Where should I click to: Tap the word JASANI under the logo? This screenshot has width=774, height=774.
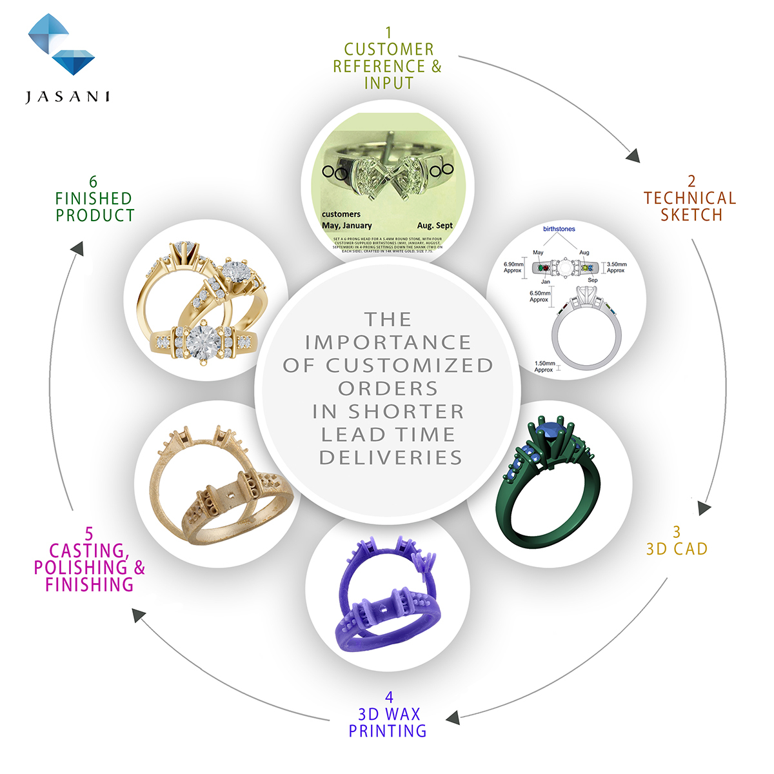coord(68,97)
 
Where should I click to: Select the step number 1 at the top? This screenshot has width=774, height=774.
coord(388,32)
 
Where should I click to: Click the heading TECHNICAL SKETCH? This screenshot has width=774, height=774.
coord(690,206)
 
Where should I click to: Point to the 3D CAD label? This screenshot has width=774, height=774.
coord(677,549)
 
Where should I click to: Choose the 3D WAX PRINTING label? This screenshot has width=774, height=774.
coord(388,722)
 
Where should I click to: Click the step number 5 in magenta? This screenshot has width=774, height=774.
coord(89,534)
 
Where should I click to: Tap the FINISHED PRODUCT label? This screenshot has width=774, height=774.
coord(95,207)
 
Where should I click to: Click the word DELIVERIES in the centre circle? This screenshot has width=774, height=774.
coord(391,458)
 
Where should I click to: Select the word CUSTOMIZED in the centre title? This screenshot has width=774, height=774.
coord(410,366)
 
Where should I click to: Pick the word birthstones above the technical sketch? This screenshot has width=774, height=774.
coord(559,229)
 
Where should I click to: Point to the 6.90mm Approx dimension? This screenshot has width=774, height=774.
coord(513,267)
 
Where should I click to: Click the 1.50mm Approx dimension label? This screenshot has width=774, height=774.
coord(544,366)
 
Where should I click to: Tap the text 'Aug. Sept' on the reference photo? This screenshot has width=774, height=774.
coord(435,226)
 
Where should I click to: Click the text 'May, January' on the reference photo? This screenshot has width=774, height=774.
coord(347,226)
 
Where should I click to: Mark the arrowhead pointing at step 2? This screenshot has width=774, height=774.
coord(633,155)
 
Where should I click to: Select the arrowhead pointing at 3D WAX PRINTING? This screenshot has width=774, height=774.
coord(453,717)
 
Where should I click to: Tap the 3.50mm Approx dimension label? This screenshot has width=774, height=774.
coord(617,267)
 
